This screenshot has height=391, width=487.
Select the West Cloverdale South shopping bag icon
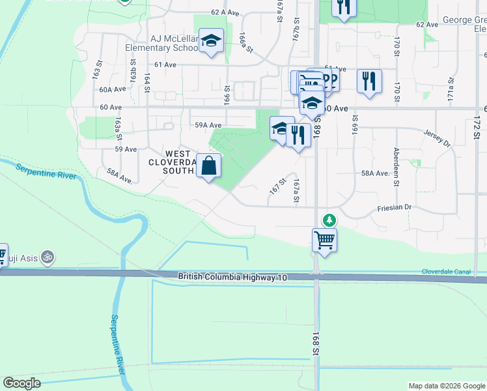tap(209, 167)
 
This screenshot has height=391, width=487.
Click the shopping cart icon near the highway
tap(324, 240)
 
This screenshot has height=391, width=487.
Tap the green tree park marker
tap(329, 220)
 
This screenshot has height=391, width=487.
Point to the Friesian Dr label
tap(395, 207)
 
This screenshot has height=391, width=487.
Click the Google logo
tap(22, 383)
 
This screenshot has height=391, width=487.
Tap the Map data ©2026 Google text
tap(446, 386)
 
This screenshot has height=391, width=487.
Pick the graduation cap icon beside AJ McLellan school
tap(211, 40)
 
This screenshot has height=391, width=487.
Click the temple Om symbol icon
tap(46, 258)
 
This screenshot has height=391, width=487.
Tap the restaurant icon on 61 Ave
tap(369, 82)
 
